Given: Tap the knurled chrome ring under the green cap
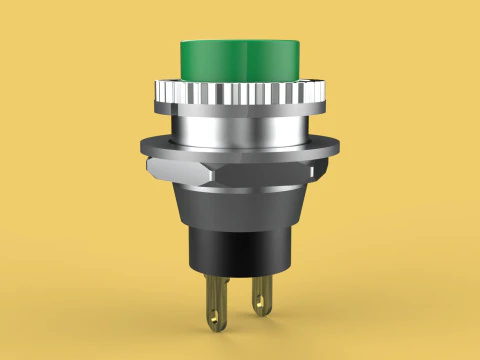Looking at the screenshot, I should pyautogui.click(x=239, y=96).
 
